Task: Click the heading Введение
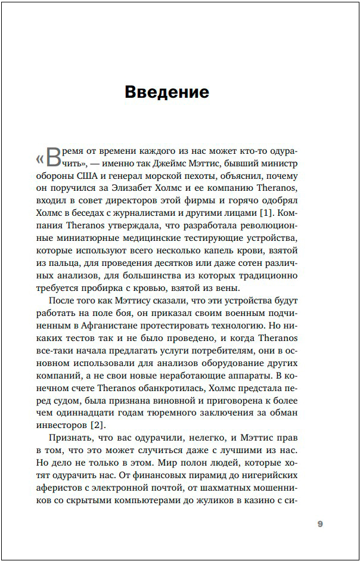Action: point(167,92)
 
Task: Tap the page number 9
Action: point(319,524)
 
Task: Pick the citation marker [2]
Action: point(95,424)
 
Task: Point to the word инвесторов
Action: point(63,424)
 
